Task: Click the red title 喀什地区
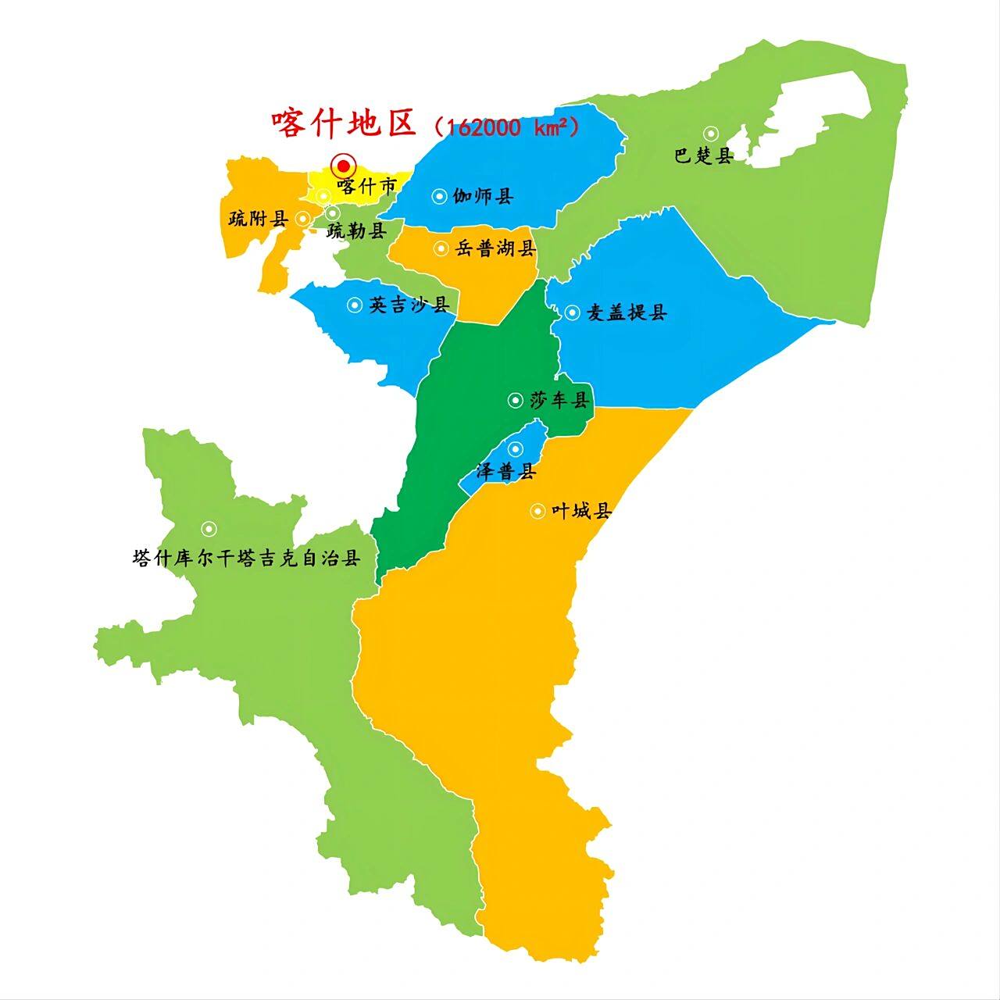(x=345, y=123)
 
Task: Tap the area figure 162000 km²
(x=507, y=127)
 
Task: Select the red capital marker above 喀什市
(x=343, y=166)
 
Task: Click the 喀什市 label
(x=367, y=187)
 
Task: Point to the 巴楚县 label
(x=704, y=155)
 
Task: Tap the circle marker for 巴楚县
(x=710, y=134)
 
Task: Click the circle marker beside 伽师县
(x=440, y=196)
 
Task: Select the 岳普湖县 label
(x=495, y=249)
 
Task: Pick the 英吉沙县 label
(x=409, y=305)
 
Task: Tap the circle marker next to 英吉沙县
(x=355, y=305)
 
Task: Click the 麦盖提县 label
(x=627, y=312)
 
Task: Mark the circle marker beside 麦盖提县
(x=572, y=312)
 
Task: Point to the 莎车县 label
(x=559, y=401)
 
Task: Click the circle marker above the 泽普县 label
(x=515, y=448)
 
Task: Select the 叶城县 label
(x=580, y=512)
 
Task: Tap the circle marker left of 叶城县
(x=537, y=512)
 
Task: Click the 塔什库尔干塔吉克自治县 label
(x=247, y=559)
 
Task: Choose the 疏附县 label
(x=259, y=219)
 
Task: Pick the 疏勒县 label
(x=356, y=230)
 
